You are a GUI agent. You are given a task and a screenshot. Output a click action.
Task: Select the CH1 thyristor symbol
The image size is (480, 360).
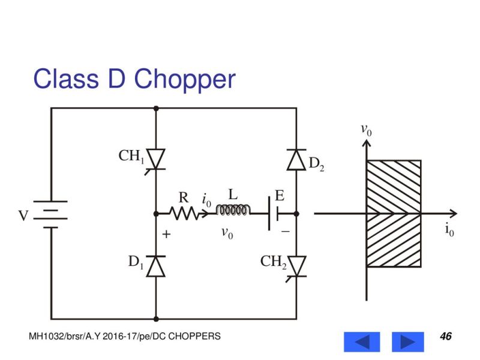156,159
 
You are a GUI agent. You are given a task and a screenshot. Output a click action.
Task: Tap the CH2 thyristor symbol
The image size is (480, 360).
296,265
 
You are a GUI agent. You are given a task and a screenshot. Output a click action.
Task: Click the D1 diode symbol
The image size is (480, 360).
156,265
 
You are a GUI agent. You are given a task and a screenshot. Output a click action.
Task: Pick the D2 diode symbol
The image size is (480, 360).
296,160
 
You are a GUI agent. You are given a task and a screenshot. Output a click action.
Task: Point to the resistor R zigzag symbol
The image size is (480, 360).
184,213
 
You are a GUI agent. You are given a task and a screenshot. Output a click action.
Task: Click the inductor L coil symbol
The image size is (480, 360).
233,210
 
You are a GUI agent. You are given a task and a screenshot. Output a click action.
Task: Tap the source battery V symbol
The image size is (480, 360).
50,214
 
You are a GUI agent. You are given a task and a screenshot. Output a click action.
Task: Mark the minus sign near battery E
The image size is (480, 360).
286,231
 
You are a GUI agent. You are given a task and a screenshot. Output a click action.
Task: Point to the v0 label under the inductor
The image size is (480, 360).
227,233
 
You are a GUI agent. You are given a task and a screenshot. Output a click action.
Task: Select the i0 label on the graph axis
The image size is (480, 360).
449,230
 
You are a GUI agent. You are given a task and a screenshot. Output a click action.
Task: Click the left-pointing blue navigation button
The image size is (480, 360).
361,341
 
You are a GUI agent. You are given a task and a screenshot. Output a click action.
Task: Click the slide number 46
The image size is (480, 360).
445,336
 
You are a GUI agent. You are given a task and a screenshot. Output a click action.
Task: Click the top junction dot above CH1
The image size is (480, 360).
156,108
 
